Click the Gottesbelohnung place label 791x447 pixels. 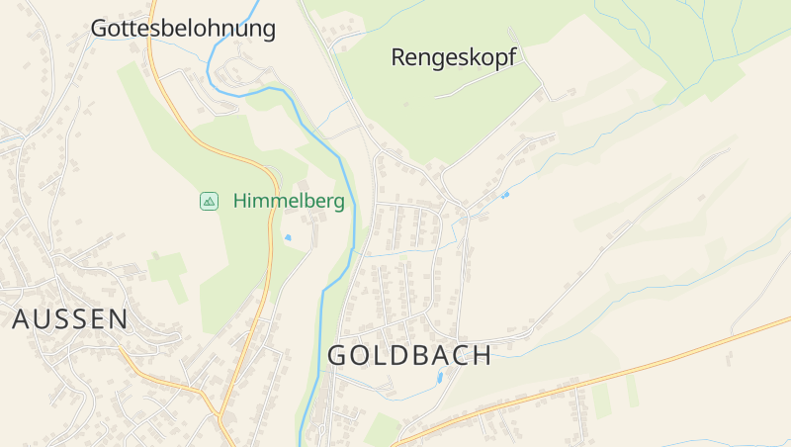pyautogui.click(x=183, y=29)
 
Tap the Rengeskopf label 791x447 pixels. pyautogui.click(x=454, y=57)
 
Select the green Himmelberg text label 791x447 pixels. pyautogui.click(x=289, y=202)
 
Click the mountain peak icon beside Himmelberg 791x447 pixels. pyautogui.click(x=209, y=202)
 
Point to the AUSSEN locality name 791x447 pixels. pyautogui.click(x=70, y=319)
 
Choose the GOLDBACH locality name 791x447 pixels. pyautogui.click(x=409, y=356)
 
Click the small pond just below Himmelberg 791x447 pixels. pyautogui.click(x=288, y=237)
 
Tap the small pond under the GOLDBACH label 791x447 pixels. pyautogui.click(x=440, y=377)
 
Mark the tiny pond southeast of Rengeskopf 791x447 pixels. pyautogui.click(x=504, y=195)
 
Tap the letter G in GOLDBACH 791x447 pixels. pyautogui.click(x=337, y=356)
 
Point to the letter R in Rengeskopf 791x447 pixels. pyautogui.click(x=398, y=57)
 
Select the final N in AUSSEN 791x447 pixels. pyautogui.click(x=118, y=319)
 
